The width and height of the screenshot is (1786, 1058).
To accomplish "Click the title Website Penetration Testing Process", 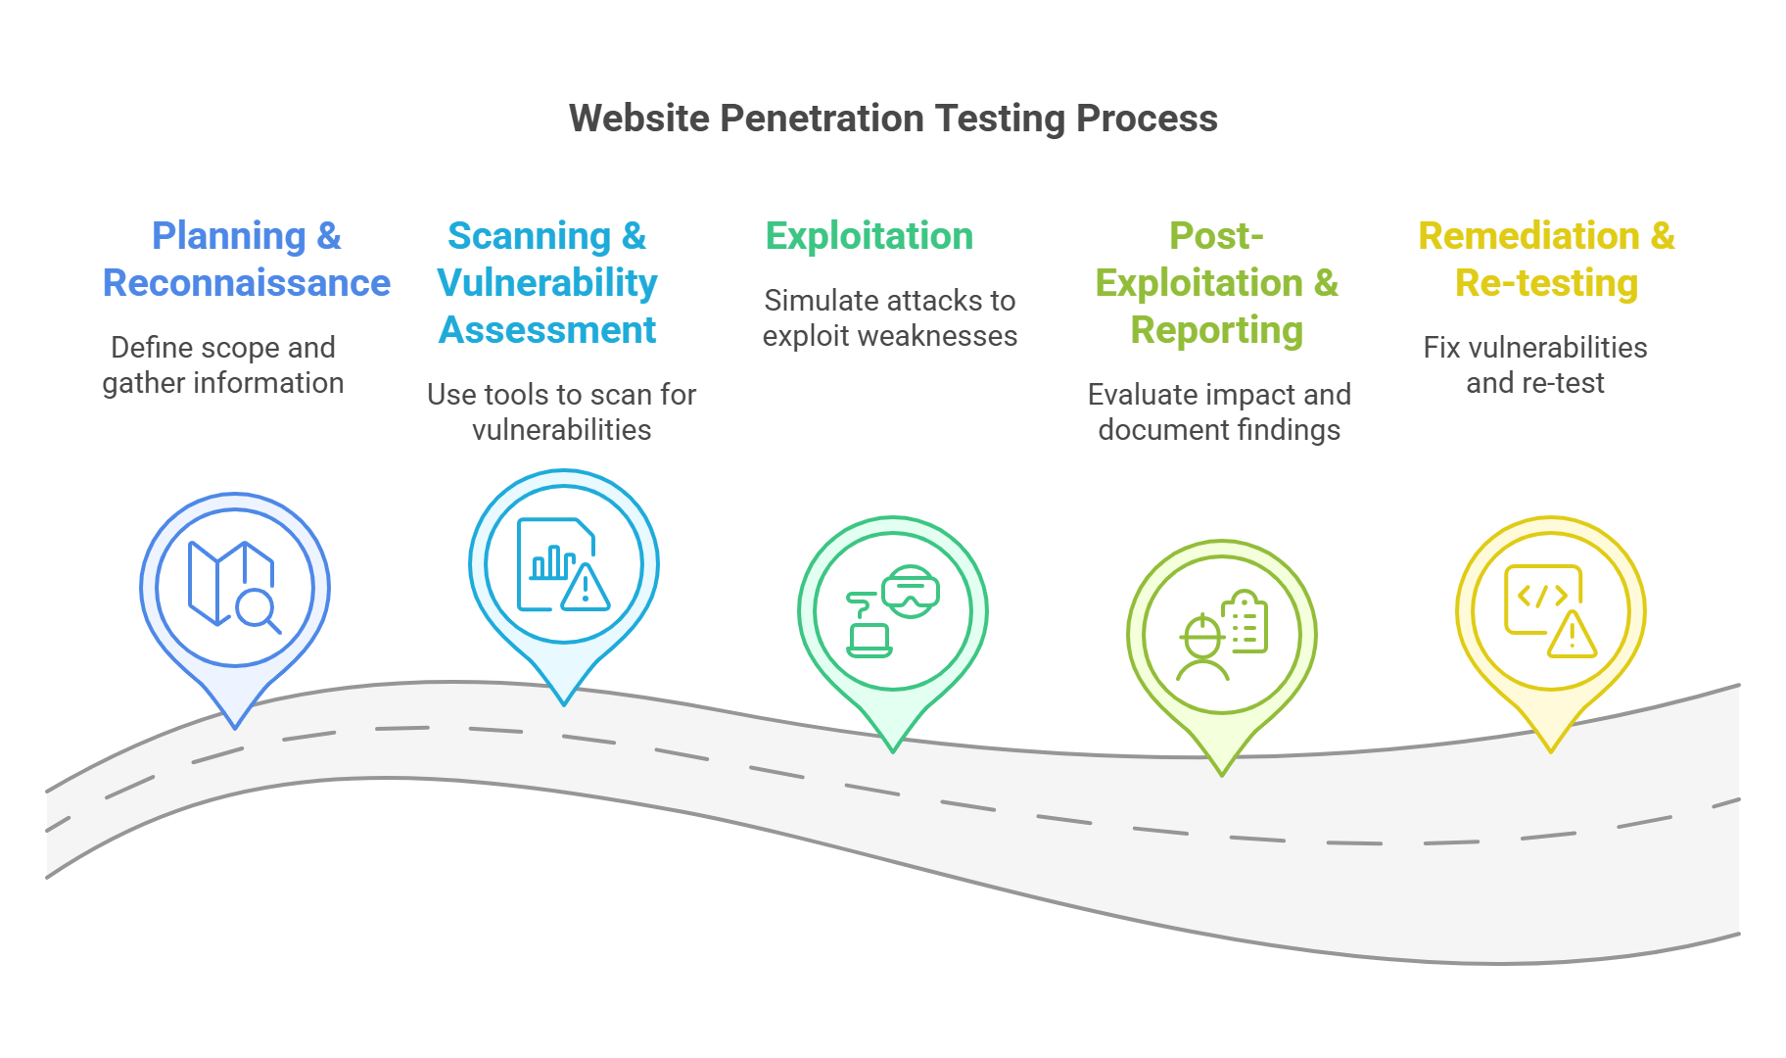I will [x=893, y=119].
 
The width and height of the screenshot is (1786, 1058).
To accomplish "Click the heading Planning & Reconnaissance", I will [x=247, y=260].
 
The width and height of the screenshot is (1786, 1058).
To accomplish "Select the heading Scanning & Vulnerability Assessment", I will [x=547, y=283].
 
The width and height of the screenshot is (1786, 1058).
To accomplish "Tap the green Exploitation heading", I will [x=869, y=236].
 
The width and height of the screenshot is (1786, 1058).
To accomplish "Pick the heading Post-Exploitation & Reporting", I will [x=1217, y=283].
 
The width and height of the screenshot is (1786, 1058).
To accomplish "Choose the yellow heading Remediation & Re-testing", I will [x=1547, y=260].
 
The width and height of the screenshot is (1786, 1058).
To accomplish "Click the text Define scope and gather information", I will [x=223, y=365].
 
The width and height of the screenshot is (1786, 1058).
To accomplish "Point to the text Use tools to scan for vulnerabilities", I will [x=562, y=412].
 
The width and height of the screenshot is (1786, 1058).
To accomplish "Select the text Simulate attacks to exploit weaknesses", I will [x=890, y=318].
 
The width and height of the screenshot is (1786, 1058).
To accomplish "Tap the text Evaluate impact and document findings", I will [x=1219, y=412].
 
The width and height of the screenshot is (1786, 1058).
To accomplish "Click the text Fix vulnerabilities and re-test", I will [x=1535, y=365].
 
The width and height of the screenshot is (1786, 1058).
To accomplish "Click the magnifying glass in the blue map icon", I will [x=258, y=609].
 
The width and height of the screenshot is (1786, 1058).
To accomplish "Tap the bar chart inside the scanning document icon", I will [x=551, y=562].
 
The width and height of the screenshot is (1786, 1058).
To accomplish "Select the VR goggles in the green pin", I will [x=911, y=592].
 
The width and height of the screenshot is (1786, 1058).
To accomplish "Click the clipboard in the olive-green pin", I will [x=1245, y=623].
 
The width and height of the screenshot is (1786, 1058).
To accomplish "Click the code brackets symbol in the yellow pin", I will [x=1542, y=596].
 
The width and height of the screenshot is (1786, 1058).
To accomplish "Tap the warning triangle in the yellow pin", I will [x=1573, y=636].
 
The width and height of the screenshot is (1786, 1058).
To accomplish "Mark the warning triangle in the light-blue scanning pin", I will [x=586, y=588].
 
